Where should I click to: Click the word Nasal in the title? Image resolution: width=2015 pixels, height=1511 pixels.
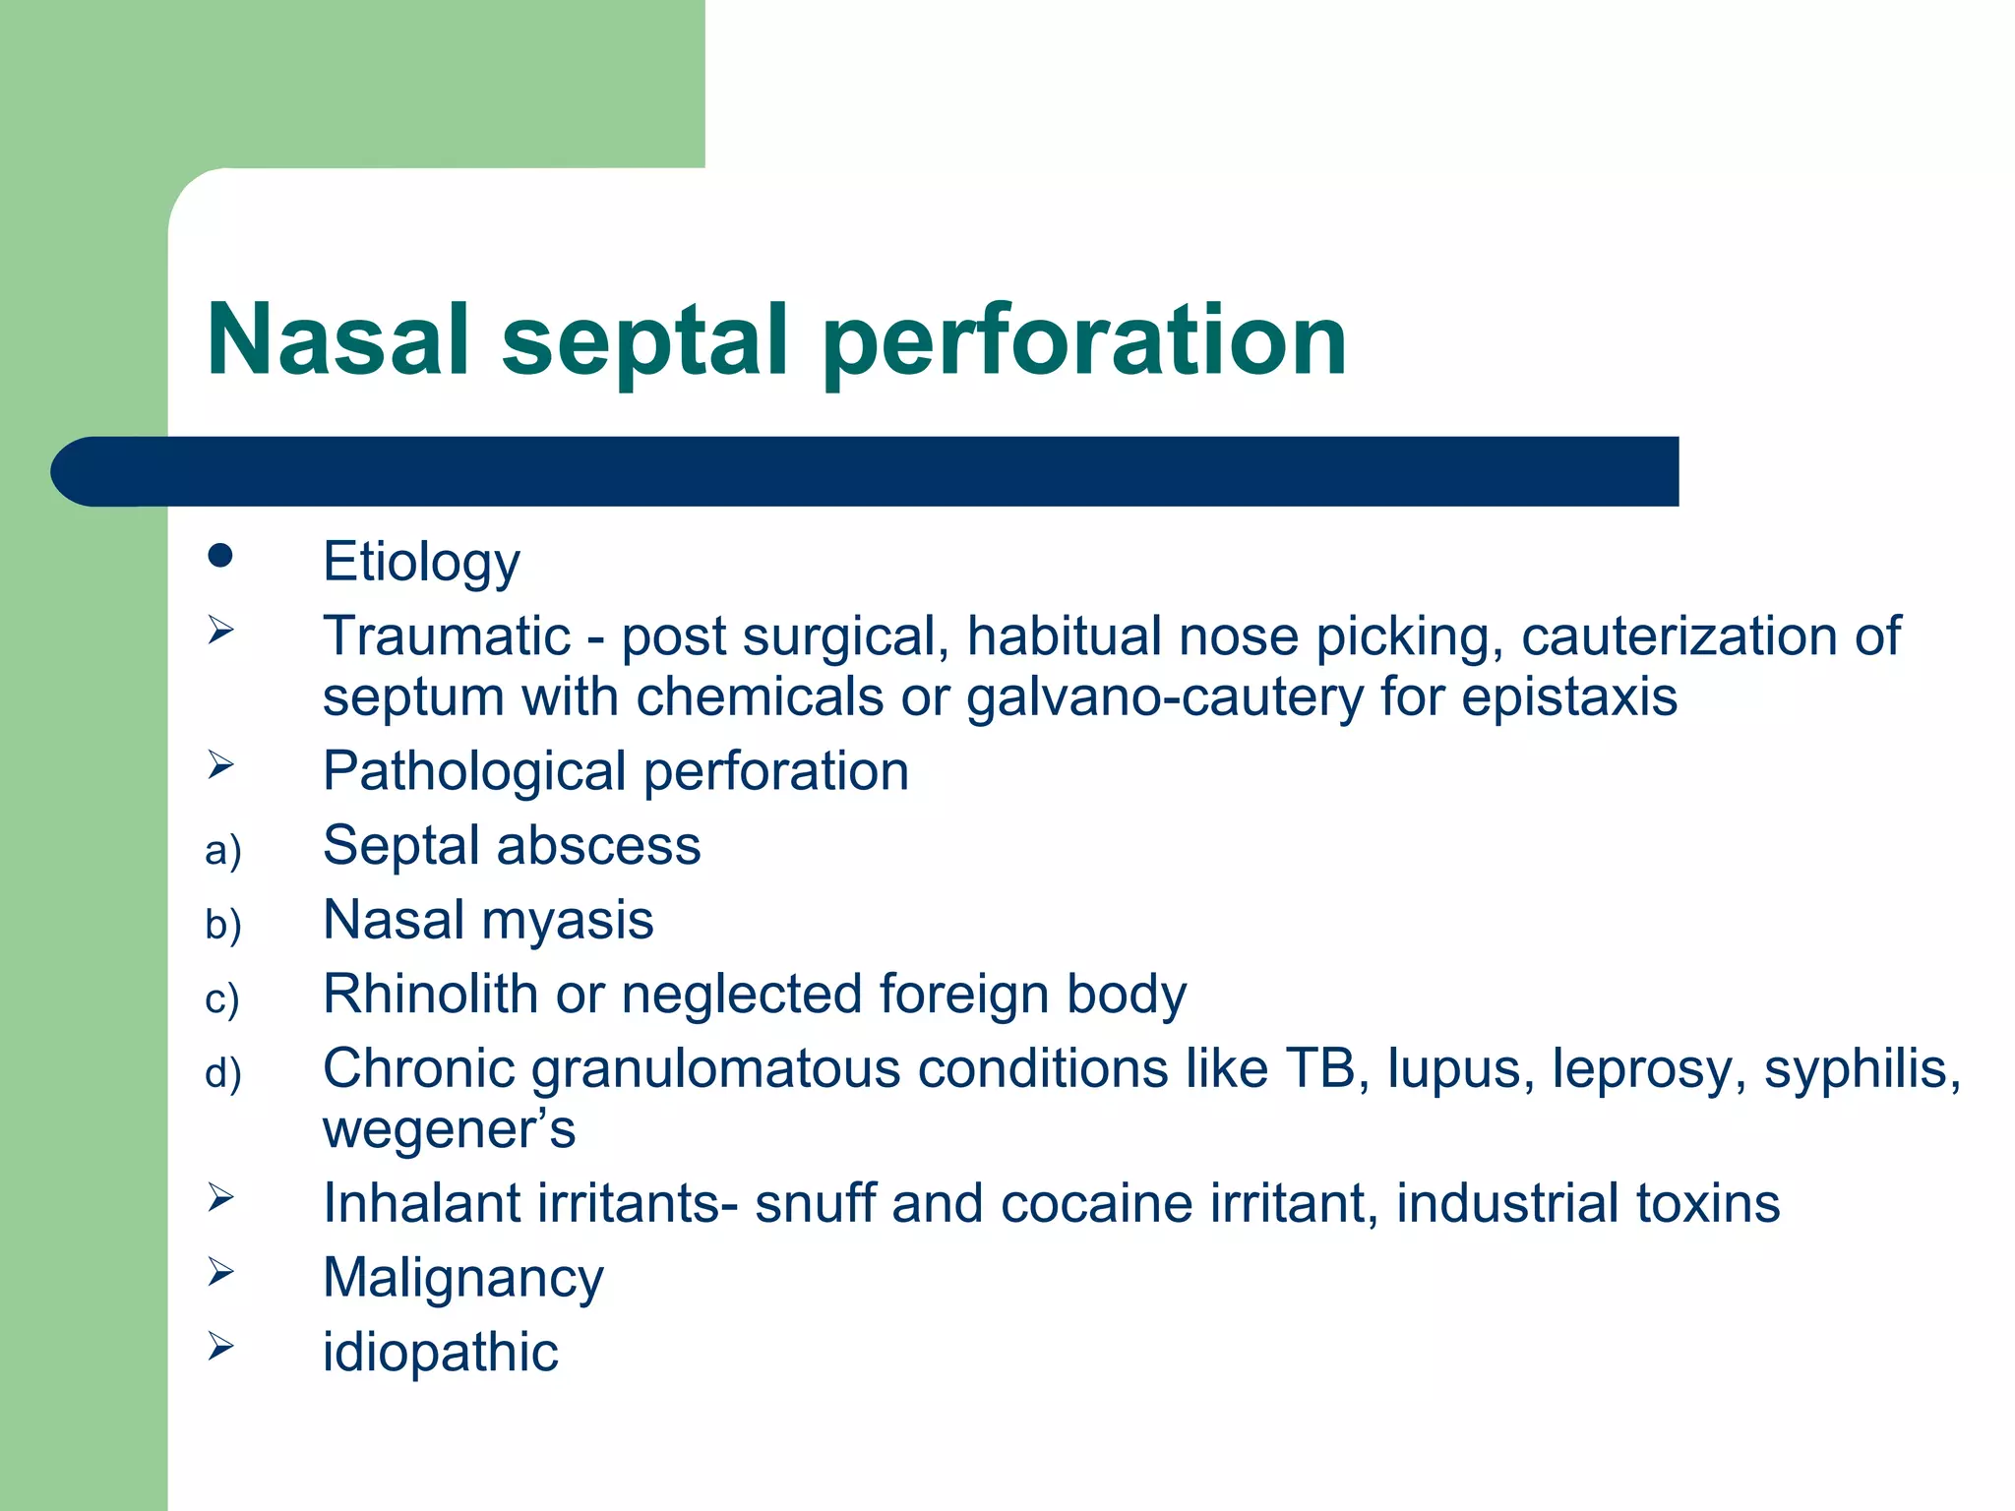tap(337, 339)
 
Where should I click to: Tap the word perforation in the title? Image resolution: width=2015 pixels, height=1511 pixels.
tap(1084, 341)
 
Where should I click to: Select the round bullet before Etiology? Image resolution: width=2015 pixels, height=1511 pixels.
tap(220, 556)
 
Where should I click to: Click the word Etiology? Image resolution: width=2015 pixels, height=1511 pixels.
tap(421, 563)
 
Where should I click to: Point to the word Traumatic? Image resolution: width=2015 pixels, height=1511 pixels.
tap(447, 635)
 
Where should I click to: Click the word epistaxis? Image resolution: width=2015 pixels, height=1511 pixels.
tap(1569, 697)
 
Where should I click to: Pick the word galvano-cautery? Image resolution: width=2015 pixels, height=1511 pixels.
tap(1165, 697)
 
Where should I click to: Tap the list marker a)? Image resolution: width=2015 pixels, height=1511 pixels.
tap(223, 850)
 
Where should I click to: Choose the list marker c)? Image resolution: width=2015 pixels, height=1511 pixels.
tap(222, 998)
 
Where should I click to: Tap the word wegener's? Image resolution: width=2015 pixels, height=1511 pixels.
tap(449, 1130)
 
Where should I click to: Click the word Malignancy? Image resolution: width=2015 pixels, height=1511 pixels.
tap(462, 1279)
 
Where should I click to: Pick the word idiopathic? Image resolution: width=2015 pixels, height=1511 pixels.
tap(440, 1353)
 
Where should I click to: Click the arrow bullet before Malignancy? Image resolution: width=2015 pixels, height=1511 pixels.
tap(220, 1272)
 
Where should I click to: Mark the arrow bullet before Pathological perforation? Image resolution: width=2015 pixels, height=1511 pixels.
tap(220, 764)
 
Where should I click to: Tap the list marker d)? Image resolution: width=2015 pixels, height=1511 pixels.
tap(223, 1073)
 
